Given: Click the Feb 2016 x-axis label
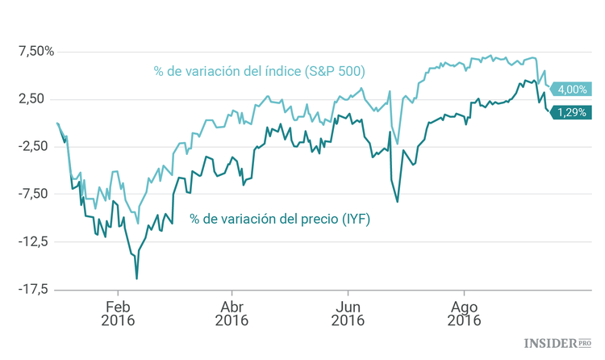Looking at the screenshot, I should [x=118, y=313].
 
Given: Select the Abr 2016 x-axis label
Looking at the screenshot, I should [x=232, y=313].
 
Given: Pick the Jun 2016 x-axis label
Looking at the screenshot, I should [x=348, y=313].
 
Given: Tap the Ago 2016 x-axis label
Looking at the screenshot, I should [x=464, y=313].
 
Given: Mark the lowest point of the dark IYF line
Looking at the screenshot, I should [x=136, y=278].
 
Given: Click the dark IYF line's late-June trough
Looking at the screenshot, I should [x=397, y=201].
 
